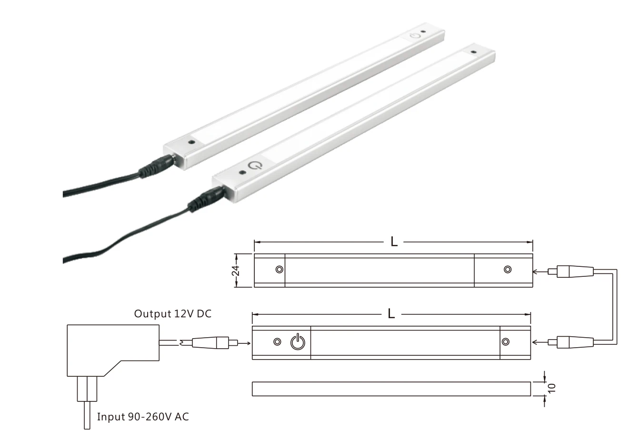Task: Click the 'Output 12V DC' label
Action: click(x=172, y=314)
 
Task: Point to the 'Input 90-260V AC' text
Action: click(x=143, y=417)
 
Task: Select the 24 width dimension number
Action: click(x=236, y=270)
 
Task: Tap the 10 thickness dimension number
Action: click(x=551, y=389)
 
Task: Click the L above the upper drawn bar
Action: click(x=394, y=242)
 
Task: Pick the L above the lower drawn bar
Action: click(x=391, y=314)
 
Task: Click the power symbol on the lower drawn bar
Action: click(x=298, y=342)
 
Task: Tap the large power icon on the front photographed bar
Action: click(x=255, y=166)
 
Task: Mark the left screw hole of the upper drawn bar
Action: click(x=279, y=270)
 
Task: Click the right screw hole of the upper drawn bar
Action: click(x=508, y=270)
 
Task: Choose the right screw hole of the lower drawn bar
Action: click(x=505, y=342)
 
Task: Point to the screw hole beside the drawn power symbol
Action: click(x=277, y=342)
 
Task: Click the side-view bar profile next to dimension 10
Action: click(x=390, y=389)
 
